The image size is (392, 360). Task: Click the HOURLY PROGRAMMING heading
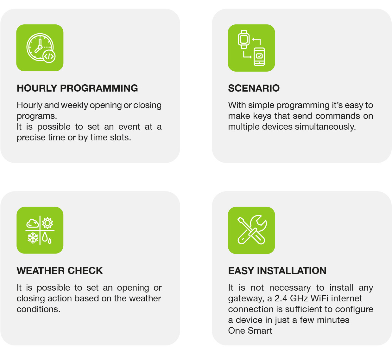pos(77,88)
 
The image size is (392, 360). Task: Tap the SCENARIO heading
pos(254,88)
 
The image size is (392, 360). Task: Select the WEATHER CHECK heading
pos(60,271)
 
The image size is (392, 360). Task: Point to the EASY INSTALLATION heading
pos(277,271)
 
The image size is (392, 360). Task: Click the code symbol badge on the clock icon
pos(49,56)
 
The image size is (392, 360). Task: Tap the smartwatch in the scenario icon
pos(243,39)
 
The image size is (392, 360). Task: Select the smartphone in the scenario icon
pos(259,56)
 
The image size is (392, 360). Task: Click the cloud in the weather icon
pos(32,223)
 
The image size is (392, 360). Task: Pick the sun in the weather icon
pos(47,223)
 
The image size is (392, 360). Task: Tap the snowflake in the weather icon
pos(33,238)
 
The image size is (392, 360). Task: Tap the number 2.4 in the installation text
pos(281,299)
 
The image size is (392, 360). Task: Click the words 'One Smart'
pos(250,331)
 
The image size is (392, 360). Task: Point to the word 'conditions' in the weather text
pos(38,309)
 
